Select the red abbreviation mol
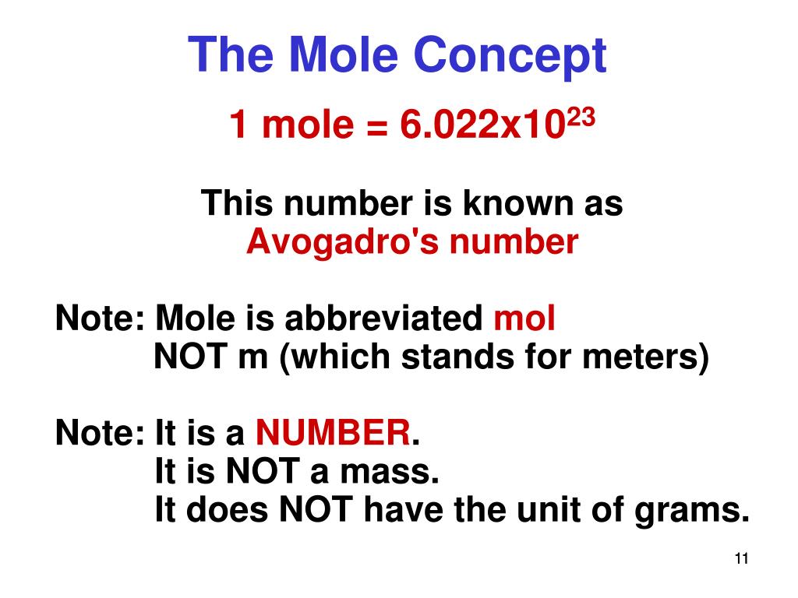click(x=525, y=318)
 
